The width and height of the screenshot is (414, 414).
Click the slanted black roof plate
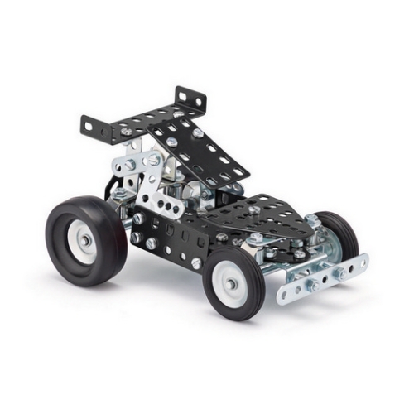[x=199, y=149]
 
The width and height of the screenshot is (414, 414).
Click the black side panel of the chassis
[x=166, y=236]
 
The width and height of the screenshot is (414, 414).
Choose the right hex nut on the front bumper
[x=340, y=271]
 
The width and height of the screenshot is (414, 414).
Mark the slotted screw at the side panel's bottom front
[x=196, y=262]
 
